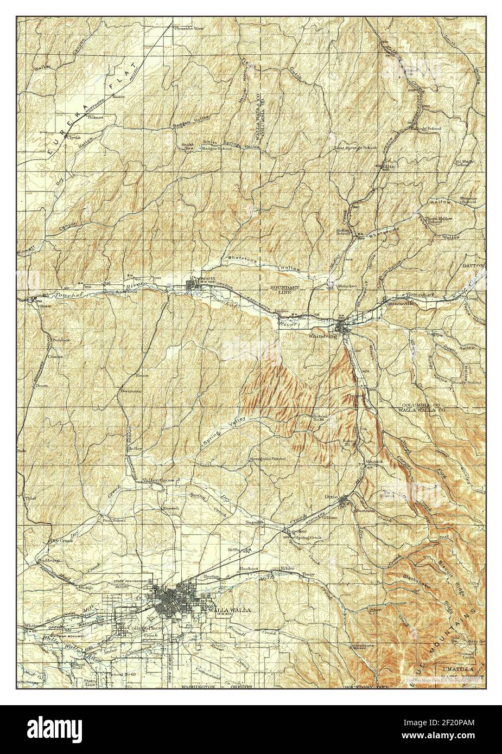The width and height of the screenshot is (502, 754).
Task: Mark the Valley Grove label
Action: pyautogui.click(x=157, y=481)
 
